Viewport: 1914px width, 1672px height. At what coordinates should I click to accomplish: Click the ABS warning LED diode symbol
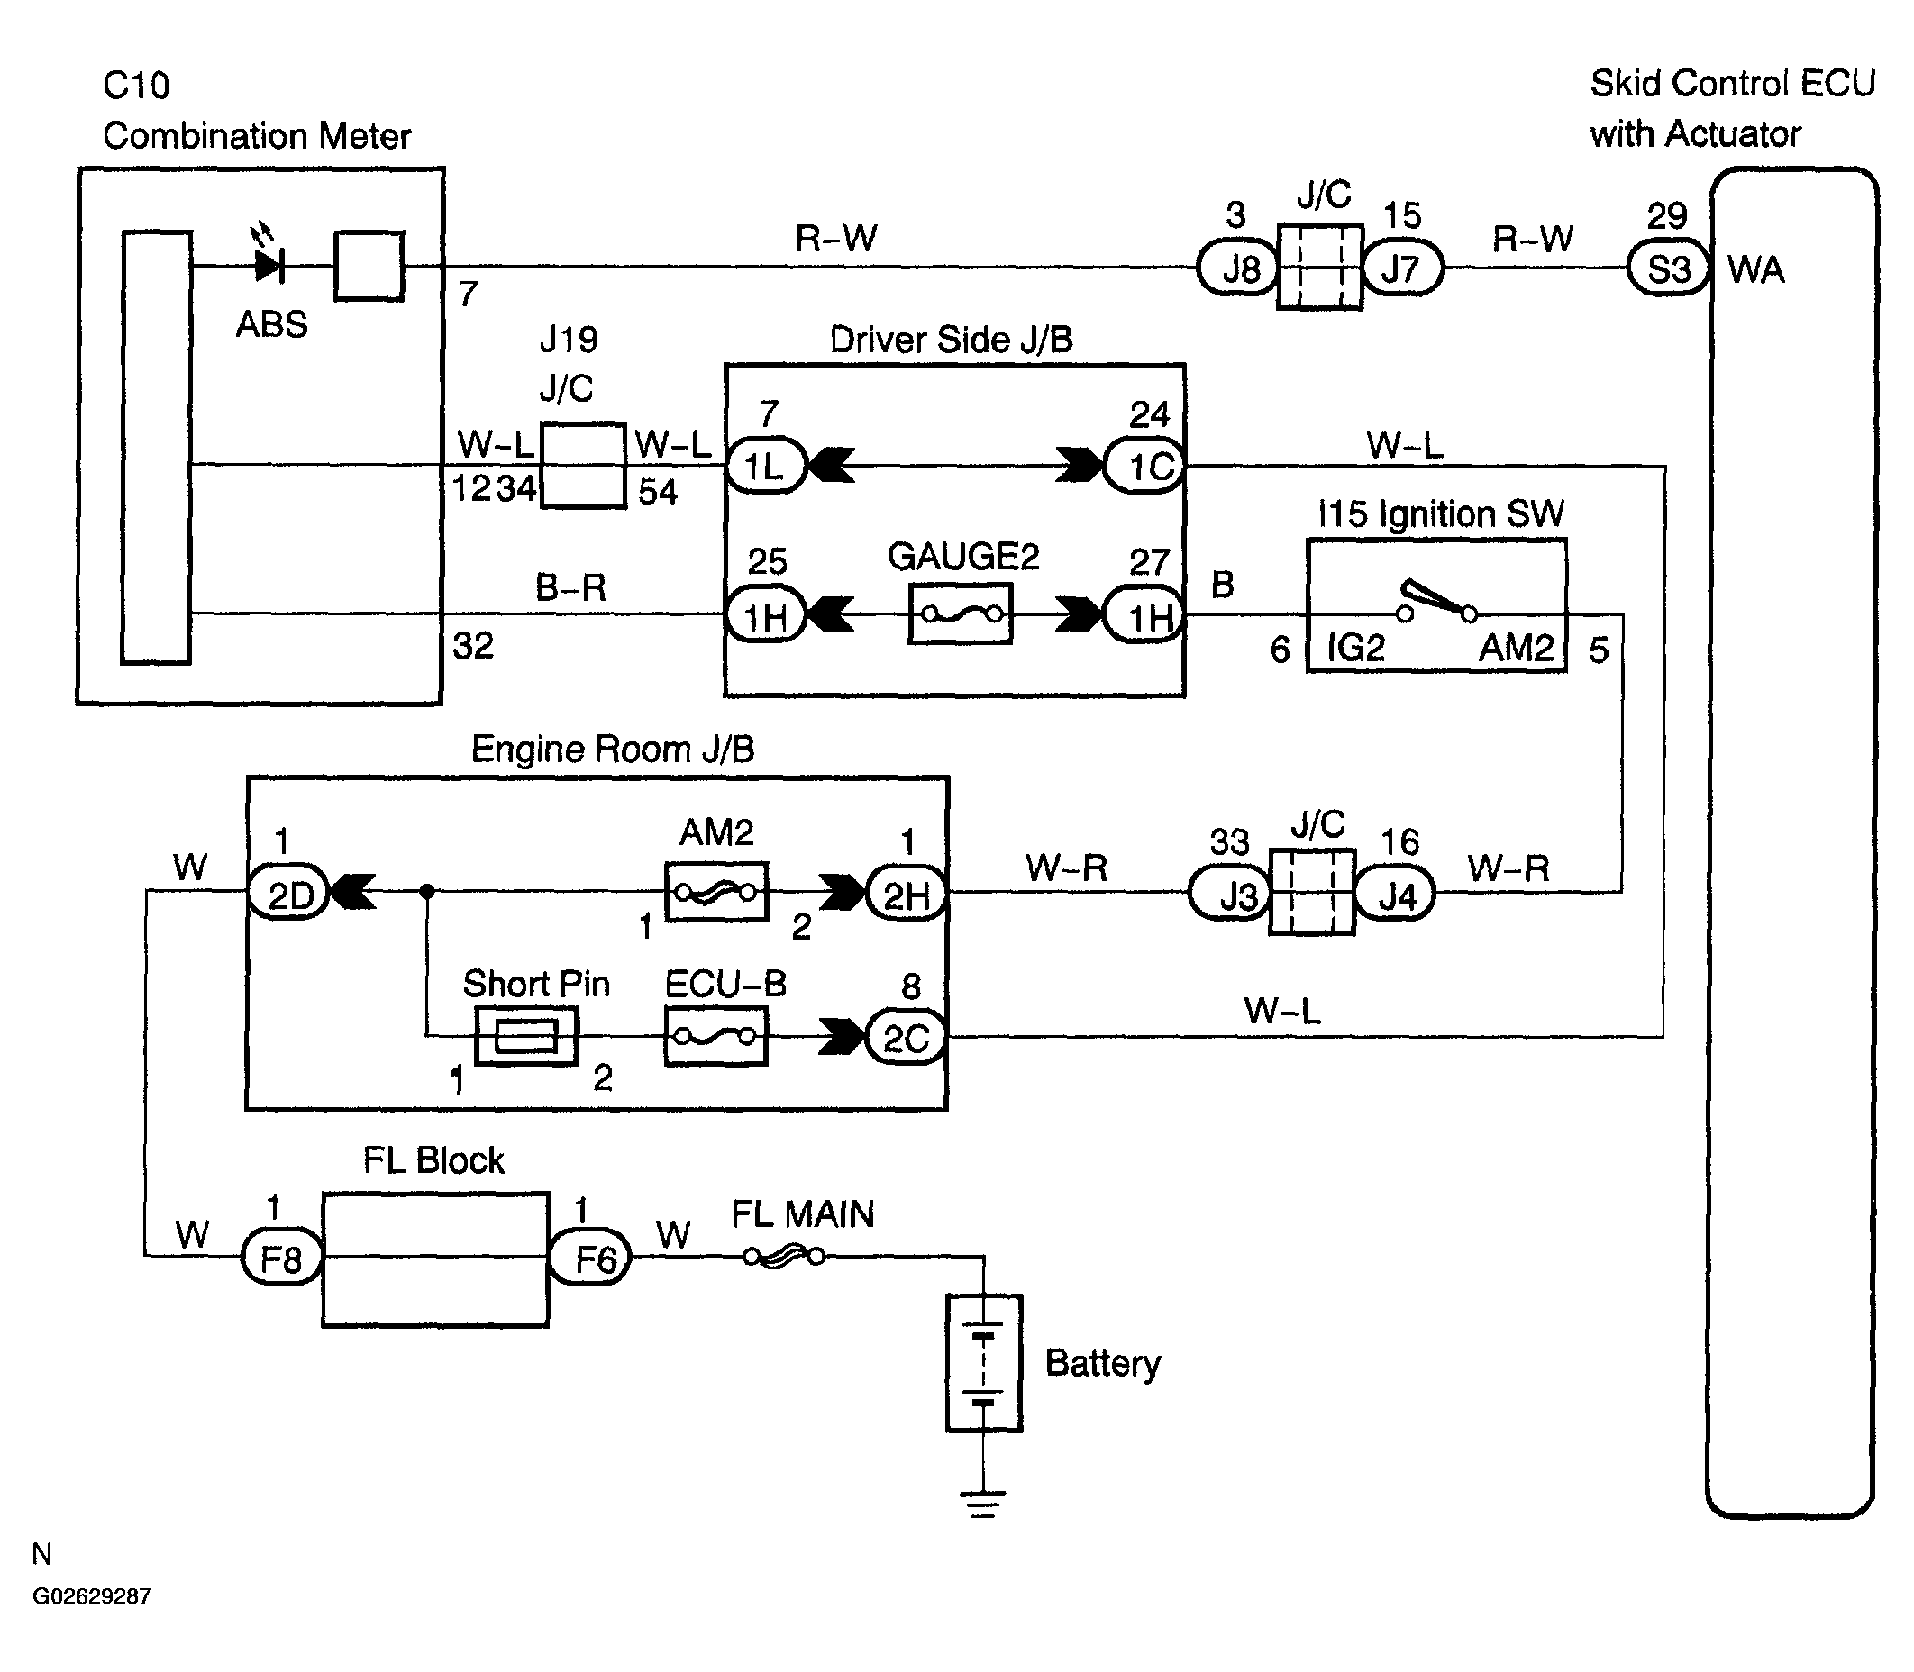tap(269, 266)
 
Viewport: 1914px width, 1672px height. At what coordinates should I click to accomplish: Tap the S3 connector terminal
tap(1668, 268)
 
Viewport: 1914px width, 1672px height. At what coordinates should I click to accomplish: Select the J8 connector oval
tap(1237, 268)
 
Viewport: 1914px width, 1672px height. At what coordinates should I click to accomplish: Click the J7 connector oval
tap(1402, 268)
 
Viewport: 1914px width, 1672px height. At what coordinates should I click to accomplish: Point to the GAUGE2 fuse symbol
tap(961, 614)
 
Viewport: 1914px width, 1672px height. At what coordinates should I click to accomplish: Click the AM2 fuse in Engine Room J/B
tap(715, 892)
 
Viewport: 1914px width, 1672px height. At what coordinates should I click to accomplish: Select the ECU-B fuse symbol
tap(715, 1037)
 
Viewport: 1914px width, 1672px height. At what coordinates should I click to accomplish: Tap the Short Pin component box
tap(526, 1036)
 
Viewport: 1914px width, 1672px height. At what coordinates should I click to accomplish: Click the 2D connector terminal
tap(288, 893)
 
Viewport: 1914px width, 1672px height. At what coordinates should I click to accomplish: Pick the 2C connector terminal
tap(907, 1037)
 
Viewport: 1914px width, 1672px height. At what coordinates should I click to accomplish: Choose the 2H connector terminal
tap(907, 893)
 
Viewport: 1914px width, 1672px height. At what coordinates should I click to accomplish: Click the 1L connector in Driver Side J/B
tap(766, 465)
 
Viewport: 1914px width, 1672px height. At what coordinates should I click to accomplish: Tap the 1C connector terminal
tap(1144, 465)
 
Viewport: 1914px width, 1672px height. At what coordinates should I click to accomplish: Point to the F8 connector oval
tap(282, 1256)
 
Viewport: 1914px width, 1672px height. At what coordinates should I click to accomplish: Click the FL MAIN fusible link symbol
tap(784, 1257)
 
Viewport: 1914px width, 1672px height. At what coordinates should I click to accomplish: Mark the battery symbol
tap(984, 1363)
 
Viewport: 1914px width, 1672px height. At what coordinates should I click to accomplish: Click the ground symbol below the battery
tap(982, 1504)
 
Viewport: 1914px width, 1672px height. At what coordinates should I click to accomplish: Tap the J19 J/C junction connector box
tap(583, 465)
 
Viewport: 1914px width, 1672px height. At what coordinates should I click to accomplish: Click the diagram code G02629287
tap(91, 1596)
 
